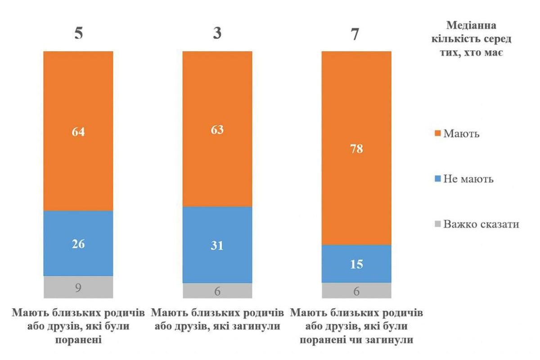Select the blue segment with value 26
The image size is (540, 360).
pyautogui.click(x=78, y=243)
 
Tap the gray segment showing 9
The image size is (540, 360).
pyautogui.click(x=78, y=287)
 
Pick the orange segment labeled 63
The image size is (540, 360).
pyautogui.click(x=217, y=129)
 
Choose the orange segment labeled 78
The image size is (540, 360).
pyautogui.click(x=356, y=148)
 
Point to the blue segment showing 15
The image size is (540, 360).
pyautogui.click(x=356, y=264)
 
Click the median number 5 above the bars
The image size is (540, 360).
pyautogui.click(x=78, y=34)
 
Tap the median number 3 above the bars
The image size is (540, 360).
pyautogui.click(x=217, y=34)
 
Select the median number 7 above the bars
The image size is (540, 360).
pyautogui.click(x=355, y=34)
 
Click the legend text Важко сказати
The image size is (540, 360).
pyautogui.click(x=481, y=224)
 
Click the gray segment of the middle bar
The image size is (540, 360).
pyautogui.click(x=217, y=291)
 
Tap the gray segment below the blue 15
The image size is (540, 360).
pyautogui.click(x=356, y=291)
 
